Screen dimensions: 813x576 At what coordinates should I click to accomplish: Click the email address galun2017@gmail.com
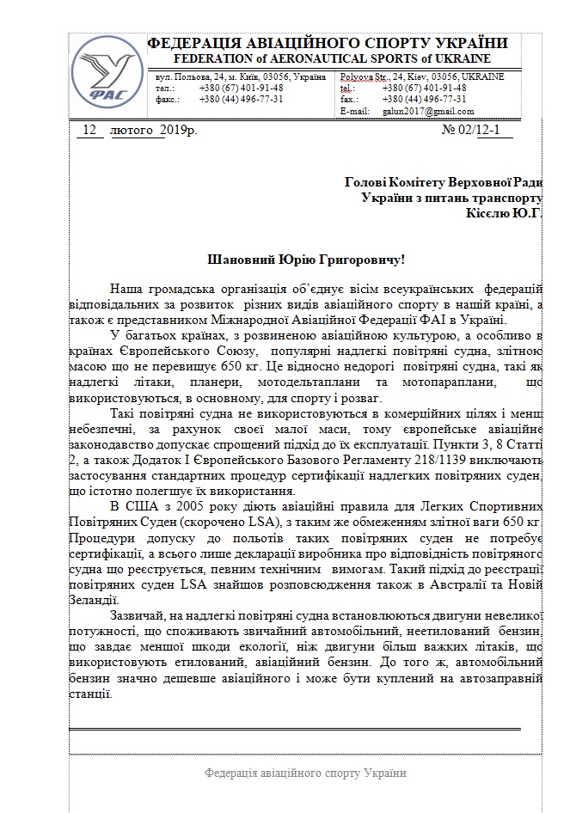point(417,112)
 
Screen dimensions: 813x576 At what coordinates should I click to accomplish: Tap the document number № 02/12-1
point(475,131)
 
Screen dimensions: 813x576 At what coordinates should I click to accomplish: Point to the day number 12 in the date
point(87,131)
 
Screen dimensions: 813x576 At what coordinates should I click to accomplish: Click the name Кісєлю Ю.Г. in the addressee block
point(504,212)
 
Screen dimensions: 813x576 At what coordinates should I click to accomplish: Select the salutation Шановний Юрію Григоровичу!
point(306,259)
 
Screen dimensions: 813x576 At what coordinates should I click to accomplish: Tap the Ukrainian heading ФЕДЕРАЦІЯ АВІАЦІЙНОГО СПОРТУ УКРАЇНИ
point(328,43)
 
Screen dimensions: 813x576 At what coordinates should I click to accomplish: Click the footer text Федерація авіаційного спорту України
point(305,773)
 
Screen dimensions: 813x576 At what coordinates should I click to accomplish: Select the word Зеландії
point(95,601)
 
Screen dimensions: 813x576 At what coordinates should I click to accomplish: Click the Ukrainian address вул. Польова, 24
point(193,77)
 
